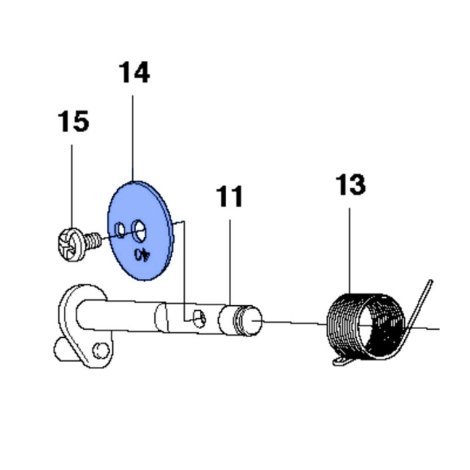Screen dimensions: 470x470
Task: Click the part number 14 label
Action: click(x=134, y=73)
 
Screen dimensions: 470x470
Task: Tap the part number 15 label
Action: click(x=73, y=122)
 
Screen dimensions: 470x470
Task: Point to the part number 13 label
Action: click(x=350, y=185)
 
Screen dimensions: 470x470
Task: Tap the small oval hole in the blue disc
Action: click(x=120, y=233)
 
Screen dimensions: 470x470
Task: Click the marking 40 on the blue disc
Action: click(x=144, y=254)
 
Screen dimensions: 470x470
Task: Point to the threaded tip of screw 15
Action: click(x=93, y=239)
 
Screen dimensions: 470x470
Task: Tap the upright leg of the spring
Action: click(x=421, y=301)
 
